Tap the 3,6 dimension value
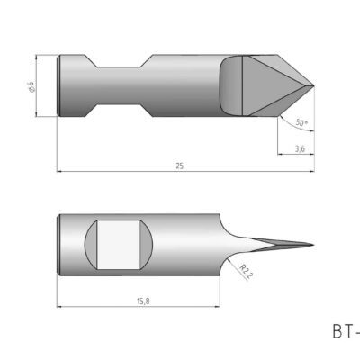point(298,148)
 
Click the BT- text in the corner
point(345,332)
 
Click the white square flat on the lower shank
point(120,245)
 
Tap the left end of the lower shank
point(59,245)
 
